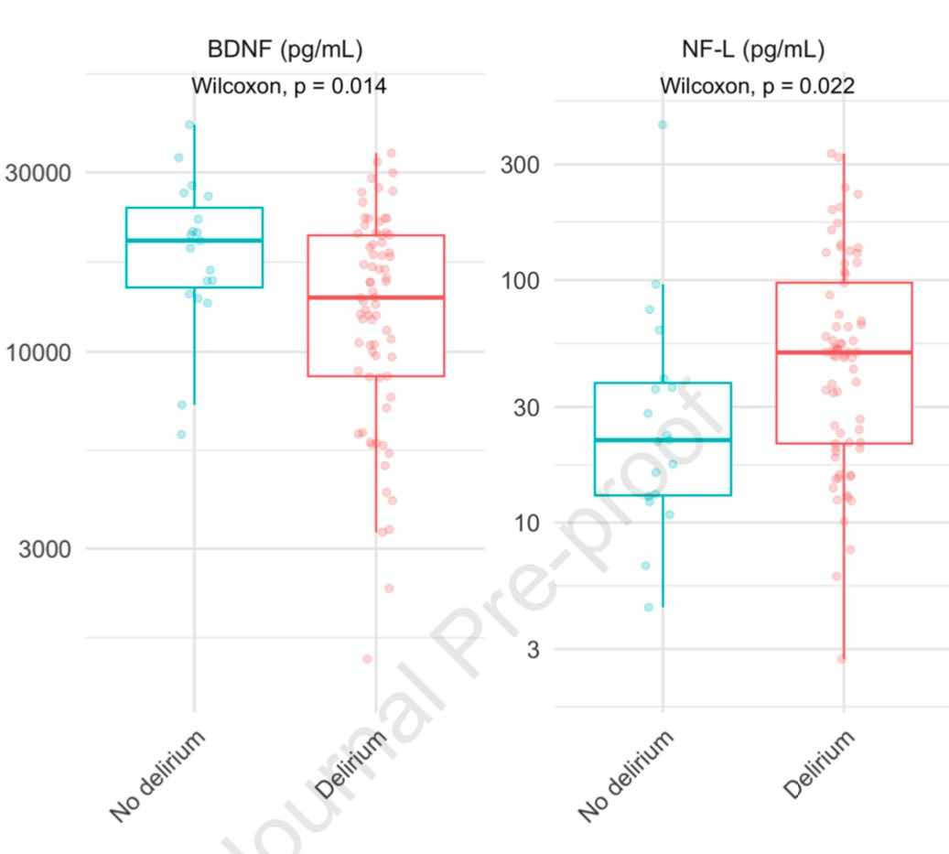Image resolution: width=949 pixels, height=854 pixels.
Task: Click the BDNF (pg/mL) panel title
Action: [x=285, y=49]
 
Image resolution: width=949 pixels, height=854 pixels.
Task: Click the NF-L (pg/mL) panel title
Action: [x=753, y=49]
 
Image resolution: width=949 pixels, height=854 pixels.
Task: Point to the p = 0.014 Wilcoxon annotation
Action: [x=288, y=86]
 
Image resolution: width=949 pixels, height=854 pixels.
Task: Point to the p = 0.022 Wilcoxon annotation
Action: [x=757, y=86]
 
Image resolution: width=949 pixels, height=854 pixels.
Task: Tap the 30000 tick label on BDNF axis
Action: [x=38, y=173]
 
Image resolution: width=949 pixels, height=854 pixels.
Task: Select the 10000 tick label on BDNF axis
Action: [x=38, y=352]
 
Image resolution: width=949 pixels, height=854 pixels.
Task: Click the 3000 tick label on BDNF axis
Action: [x=45, y=549]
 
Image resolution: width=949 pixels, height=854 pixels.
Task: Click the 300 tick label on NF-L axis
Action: [x=520, y=165]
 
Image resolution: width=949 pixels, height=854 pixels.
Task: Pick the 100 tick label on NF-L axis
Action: [x=520, y=281]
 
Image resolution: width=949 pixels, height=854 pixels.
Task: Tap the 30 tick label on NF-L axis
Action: [x=526, y=407]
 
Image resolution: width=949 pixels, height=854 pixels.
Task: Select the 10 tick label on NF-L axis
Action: [x=526, y=523]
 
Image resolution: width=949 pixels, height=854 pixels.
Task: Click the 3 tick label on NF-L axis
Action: [x=534, y=650]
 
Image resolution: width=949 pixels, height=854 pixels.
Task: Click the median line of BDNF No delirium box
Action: [x=194, y=241]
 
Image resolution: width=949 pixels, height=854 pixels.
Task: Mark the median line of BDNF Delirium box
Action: [x=376, y=297]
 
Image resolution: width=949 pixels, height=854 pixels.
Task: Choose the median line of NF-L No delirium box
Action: [x=663, y=440]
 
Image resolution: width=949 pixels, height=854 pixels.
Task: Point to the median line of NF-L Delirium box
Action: [x=845, y=352]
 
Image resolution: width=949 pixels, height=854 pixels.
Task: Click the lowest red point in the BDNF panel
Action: [x=367, y=659]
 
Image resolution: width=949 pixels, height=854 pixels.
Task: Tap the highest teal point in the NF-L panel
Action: [x=663, y=124]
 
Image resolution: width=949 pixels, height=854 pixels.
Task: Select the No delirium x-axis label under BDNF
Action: [x=157, y=776]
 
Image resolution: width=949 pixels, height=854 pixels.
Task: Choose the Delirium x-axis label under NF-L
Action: [x=819, y=763]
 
